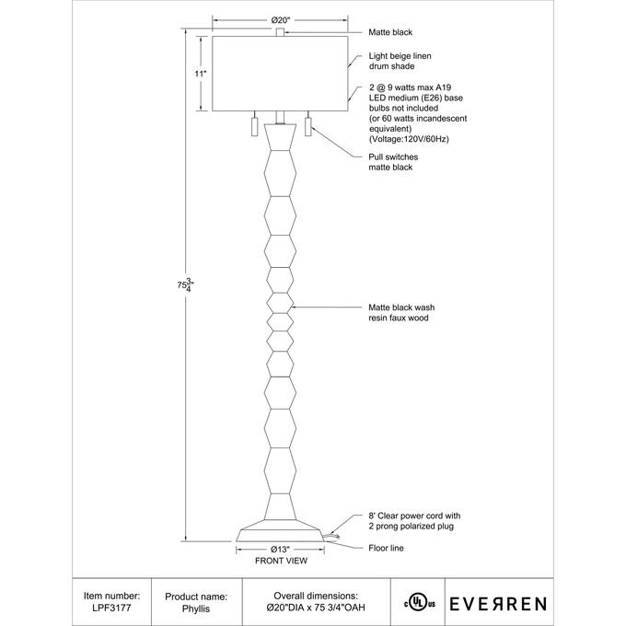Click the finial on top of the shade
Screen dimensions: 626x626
pyautogui.click(x=279, y=33)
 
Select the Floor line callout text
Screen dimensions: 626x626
pyautogui.click(x=386, y=548)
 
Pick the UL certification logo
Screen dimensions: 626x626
pyautogui.click(x=418, y=603)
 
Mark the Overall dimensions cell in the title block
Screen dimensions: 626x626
pyautogui.click(x=316, y=603)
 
